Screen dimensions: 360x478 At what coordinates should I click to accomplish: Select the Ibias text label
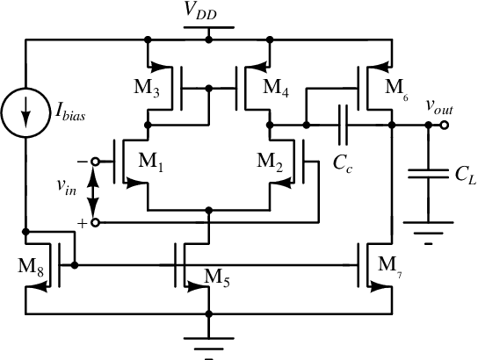tap(70, 112)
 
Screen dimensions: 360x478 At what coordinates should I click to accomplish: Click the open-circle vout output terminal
tap(445, 125)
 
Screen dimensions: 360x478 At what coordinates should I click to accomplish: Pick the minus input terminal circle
tap(96, 162)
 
